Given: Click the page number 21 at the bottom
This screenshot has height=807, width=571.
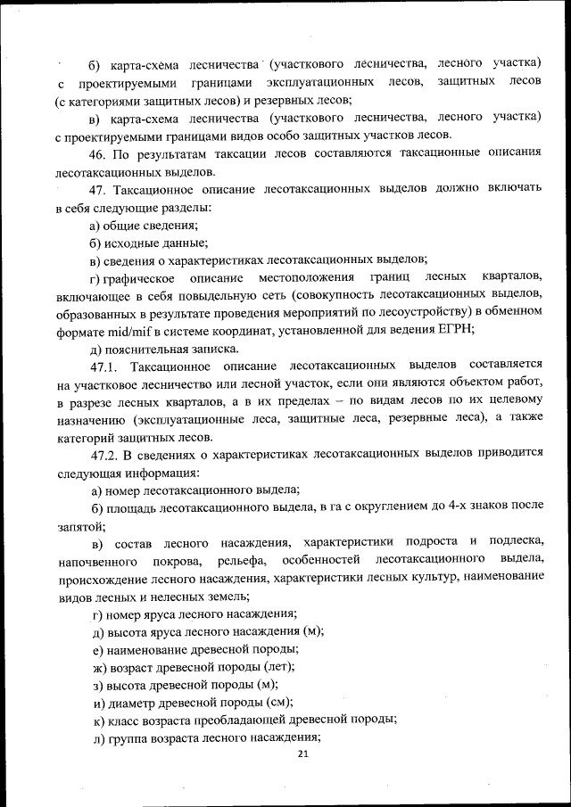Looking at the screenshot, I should (302, 754).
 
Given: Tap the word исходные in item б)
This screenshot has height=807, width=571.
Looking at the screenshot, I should (133, 243).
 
